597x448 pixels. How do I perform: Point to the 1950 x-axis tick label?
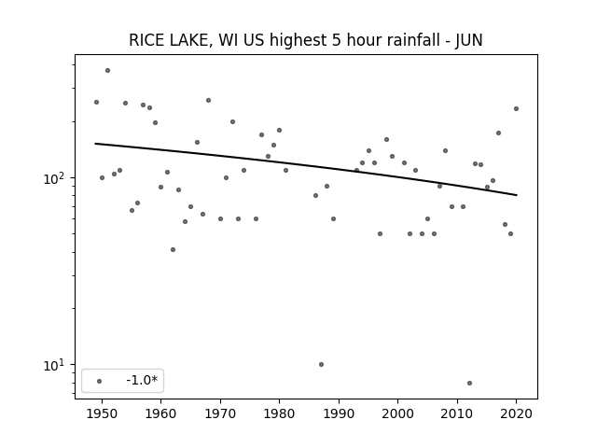tap(102, 413)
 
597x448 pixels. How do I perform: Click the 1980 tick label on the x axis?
tap(279, 413)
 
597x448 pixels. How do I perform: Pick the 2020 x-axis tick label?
tap(516, 413)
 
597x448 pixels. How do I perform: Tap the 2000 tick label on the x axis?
tap(398, 413)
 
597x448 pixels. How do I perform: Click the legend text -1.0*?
tap(142, 380)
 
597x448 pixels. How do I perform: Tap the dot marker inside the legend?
tap(100, 381)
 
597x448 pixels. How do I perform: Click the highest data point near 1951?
tap(108, 71)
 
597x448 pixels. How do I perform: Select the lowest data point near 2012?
tap(469, 383)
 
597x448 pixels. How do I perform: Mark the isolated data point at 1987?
tap(321, 365)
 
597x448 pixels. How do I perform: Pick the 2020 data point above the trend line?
tap(516, 108)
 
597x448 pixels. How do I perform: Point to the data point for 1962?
tap(173, 249)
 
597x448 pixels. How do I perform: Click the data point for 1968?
tap(209, 100)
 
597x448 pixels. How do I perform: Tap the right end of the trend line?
tap(517, 195)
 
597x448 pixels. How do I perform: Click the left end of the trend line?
tap(95, 143)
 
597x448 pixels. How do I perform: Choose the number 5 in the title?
tap(336, 40)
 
